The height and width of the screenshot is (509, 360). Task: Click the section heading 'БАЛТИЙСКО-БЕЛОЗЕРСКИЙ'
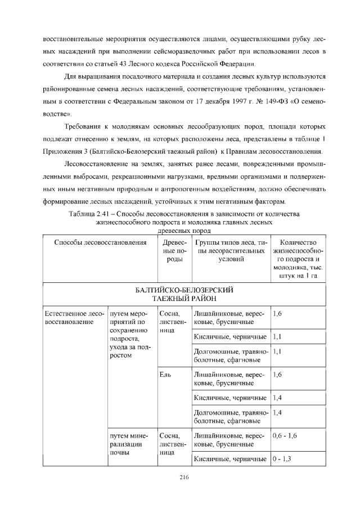pos(184,290)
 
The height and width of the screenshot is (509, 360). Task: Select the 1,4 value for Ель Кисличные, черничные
pos(277,398)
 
